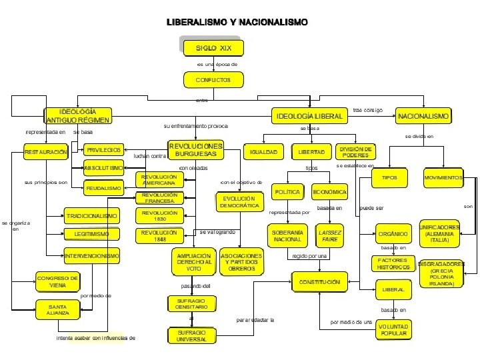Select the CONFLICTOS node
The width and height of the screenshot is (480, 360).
pyautogui.click(x=213, y=80)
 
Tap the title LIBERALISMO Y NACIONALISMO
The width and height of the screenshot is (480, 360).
pyautogui.click(x=237, y=22)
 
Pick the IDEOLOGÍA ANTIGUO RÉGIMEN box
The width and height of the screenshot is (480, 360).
pyautogui.click(x=78, y=115)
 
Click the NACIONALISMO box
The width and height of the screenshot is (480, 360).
pyautogui.click(x=423, y=116)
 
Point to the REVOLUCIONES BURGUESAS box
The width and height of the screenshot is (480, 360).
pyautogui.click(x=196, y=150)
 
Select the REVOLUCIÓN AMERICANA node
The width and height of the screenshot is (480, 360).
pyautogui.click(x=159, y=179)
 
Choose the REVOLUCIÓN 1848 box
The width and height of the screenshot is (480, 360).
pyautogui.click(x=159, y=235)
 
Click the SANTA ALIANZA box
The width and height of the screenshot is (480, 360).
pyautogui.click(x=57, y=309)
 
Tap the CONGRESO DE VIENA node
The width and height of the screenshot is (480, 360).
pyautogui.click(x=57, y=281)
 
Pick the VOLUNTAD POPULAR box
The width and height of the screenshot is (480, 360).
pyautogui.click(x=393, y=329)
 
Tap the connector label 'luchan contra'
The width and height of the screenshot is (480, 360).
pyautogui.click(x=149, y=156)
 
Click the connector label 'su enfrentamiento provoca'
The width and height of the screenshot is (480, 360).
pyautogui.click(x=195, y=125)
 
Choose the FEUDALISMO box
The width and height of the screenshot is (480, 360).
pyautogui.click(x=103, y=189)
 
